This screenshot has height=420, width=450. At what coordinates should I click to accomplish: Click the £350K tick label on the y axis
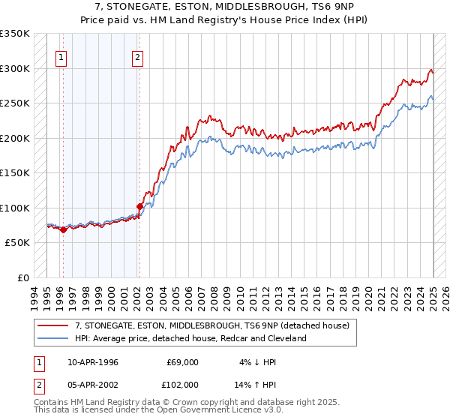(16, 34)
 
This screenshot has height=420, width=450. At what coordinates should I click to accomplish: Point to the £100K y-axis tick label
(16, 208)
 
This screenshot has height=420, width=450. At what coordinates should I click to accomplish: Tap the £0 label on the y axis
(24, 277)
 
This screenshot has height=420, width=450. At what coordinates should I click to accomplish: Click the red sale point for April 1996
(63, 229)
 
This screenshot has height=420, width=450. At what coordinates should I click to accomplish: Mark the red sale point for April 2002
(139, 206)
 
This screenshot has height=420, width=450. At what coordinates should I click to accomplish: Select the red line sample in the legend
(52, 326)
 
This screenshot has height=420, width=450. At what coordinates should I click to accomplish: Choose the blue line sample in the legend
(52, 338)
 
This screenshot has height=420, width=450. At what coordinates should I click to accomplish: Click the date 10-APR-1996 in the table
(93, 362)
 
